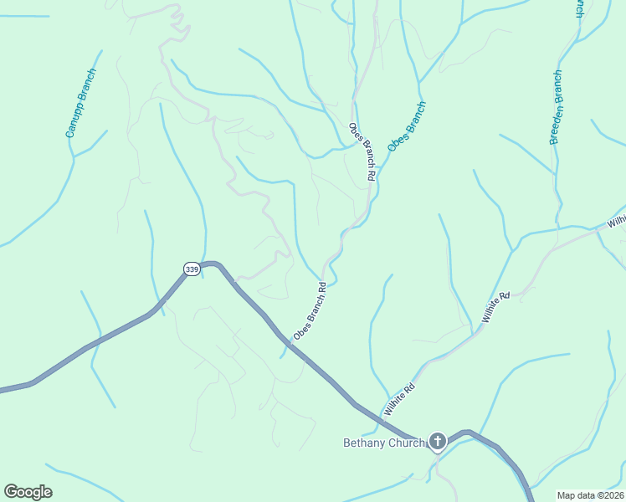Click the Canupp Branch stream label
(82, 103)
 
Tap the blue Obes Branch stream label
(407, 126)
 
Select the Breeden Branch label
(557, 108)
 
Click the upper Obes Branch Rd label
(362, 152)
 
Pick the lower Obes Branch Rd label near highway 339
(309, 311)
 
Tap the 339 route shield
(192, 269)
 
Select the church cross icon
(437, 441)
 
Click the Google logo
(28, 492)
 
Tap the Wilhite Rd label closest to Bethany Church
(400, 400)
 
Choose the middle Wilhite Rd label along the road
(496, 308)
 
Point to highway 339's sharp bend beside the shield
(212, 264)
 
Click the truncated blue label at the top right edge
(578, 8)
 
